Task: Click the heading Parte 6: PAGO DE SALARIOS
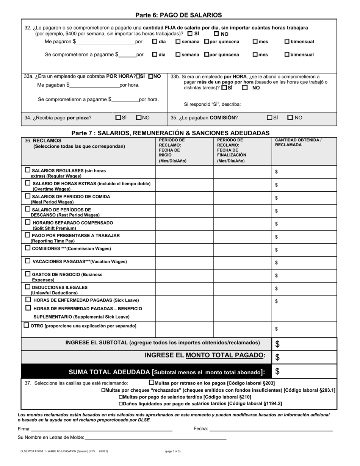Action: [178, 15]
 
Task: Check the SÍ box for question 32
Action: [190, 33]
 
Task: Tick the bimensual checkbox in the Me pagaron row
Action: [287, 42]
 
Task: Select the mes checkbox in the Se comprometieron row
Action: [255, 55]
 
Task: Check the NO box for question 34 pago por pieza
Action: [139, 118]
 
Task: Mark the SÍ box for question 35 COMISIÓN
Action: [269, 118]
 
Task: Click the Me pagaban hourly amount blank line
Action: [95, 85]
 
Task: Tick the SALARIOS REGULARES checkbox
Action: [28, 170]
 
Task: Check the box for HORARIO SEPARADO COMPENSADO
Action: [28, 222]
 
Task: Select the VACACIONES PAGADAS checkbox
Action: [28, 261]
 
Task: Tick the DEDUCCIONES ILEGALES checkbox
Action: [28, 287]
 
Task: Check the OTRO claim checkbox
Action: [26, 325]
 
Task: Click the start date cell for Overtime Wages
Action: [184, 185]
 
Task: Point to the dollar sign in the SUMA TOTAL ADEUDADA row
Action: [277, 372]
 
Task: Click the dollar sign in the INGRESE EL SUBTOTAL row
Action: [277, 344]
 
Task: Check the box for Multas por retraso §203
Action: [152, 383]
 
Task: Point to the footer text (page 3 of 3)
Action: [173, 451]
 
